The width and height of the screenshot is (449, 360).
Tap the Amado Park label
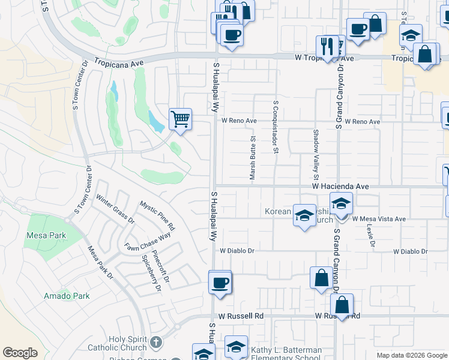coord(67,296)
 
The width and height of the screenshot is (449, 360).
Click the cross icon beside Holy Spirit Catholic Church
coord(155,343)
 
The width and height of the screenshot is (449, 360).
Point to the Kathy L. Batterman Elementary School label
coord(286,353)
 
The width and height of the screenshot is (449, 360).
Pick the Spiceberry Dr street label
coord(151,274)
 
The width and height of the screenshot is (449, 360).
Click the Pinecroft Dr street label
coord(162,266)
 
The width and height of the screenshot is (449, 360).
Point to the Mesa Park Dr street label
coord(100,263)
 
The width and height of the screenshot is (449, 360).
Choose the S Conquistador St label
coord(276,127)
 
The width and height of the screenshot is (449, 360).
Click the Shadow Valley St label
coord(315,155)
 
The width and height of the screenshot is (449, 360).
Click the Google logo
coord(20,353)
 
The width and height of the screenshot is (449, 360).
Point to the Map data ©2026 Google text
coord(411,355)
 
